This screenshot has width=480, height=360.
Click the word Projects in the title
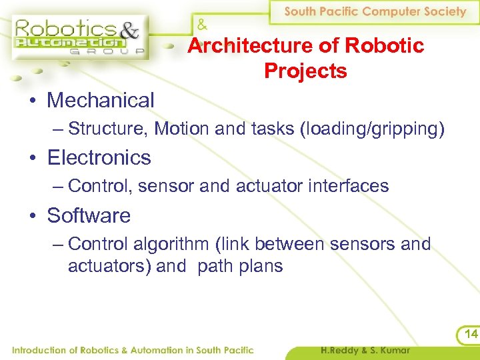click(305, 71)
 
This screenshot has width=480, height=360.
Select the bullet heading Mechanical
click(101, 101)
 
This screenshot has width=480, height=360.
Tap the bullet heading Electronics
click(99, 158)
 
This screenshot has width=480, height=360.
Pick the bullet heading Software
click(89, 216)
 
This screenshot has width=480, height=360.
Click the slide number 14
click(471, 334)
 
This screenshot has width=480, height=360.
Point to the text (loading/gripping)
click(373, 129)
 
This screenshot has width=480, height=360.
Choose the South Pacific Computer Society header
click(375, 11)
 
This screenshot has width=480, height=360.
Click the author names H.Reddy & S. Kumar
click(365, 351)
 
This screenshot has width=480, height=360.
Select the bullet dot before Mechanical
click(32, 102)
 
